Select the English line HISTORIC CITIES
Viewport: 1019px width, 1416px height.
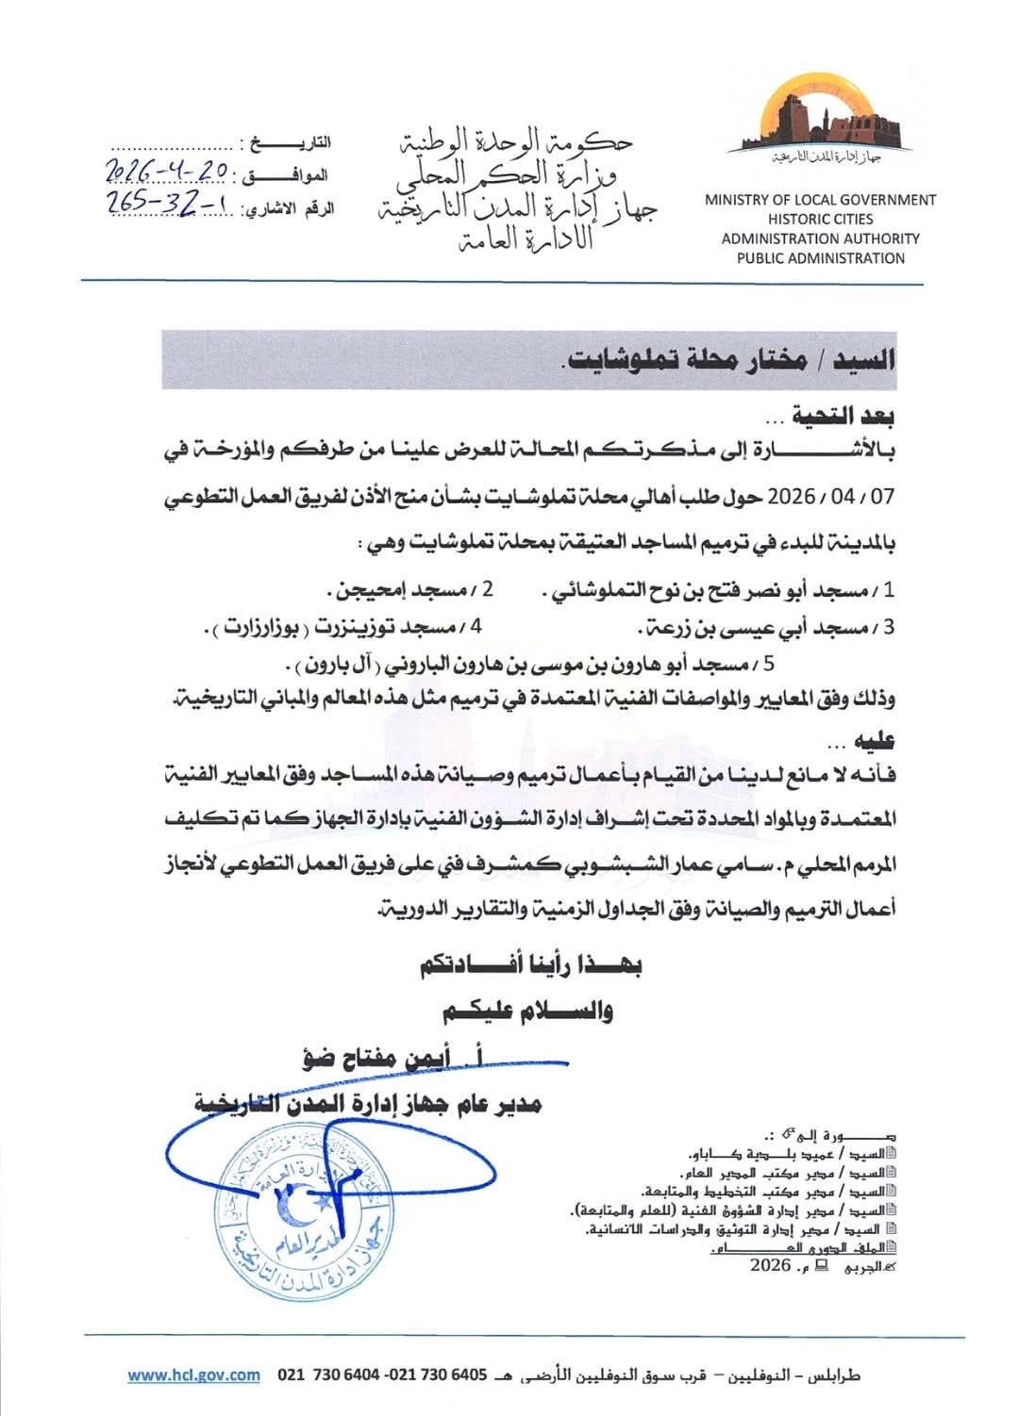click(x=820, y=219)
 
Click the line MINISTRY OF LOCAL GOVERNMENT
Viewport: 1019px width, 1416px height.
click(x=820, y=200)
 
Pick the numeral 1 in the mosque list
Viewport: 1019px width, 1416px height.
click(x=888, y=592)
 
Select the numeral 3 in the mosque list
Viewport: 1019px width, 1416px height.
click(x=888, y=627)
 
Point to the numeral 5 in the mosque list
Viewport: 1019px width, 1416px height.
click(x=771, y=663)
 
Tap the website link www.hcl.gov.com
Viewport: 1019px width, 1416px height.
click(x=193, y=1375)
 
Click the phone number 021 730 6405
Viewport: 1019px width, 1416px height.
click(x=433, y=1375)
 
